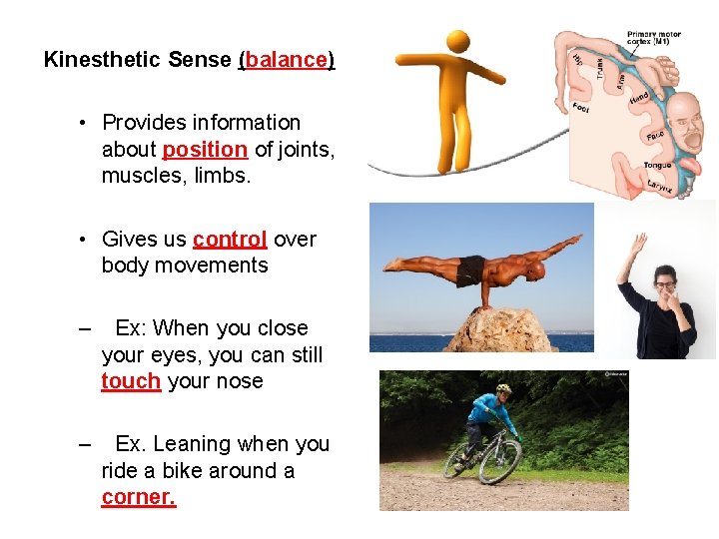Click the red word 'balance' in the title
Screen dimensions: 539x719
tap(287, 60)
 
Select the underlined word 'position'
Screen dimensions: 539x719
tap(205, 150)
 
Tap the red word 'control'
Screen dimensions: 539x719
tap(230, 240)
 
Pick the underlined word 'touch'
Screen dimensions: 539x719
tap(131, 381)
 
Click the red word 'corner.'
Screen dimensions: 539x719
tap(139, 497)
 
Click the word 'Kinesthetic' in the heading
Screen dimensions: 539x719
tap(102, 60)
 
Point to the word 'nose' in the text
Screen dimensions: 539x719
tap(240, 381)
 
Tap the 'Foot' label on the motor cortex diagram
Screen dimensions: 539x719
tap(582, 108)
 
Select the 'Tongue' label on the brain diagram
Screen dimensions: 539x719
tap(657, 166)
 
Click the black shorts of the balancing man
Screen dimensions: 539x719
tap(470, 269)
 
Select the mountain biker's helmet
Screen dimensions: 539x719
tap(503, 388)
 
